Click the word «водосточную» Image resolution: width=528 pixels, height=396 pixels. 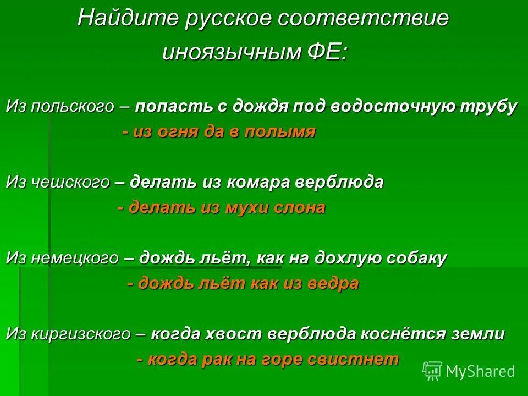392,106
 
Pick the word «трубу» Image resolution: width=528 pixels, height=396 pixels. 491,106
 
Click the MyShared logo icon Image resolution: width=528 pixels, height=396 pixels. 432,371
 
